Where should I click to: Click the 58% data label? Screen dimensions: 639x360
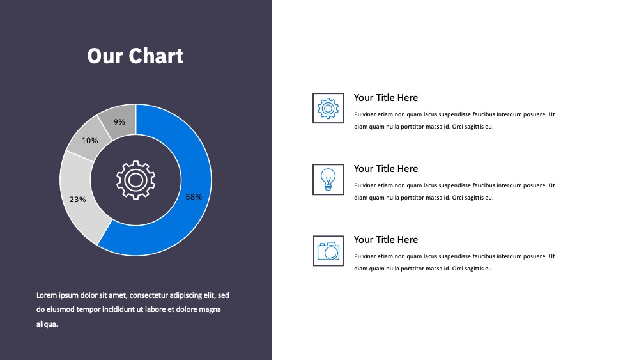point(194,197)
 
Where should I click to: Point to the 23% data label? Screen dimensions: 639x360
point(77,200)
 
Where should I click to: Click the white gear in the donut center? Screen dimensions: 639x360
point(135,180)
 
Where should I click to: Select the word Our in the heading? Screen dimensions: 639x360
point(105,56)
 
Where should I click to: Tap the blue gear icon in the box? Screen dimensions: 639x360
point(328,108)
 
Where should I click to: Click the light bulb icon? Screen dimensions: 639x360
point(328,180)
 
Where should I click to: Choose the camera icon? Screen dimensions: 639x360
point(328,251)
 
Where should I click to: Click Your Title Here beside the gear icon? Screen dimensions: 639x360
point(386,98)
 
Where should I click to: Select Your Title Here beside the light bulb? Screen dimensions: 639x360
point(386,169)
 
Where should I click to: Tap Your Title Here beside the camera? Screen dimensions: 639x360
point(386,240)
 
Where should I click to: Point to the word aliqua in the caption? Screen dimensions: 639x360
point(47,324)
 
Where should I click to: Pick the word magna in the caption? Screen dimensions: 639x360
point(210,310)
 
